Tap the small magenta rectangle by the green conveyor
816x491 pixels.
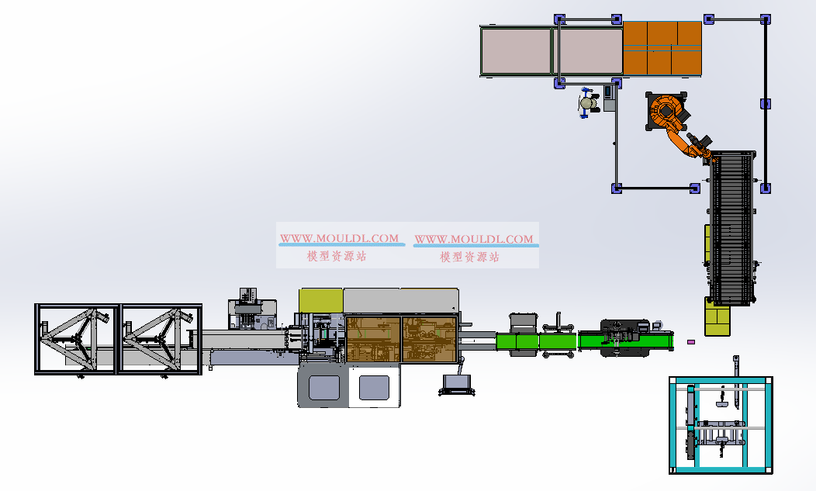691,342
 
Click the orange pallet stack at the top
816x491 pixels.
662,48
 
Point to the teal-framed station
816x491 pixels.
721,425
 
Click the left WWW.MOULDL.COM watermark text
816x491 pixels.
339,238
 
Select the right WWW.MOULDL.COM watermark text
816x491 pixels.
474,239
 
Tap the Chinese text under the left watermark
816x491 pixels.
337,256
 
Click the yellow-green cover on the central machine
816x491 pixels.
321,301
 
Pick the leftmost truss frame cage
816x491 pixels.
77,339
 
